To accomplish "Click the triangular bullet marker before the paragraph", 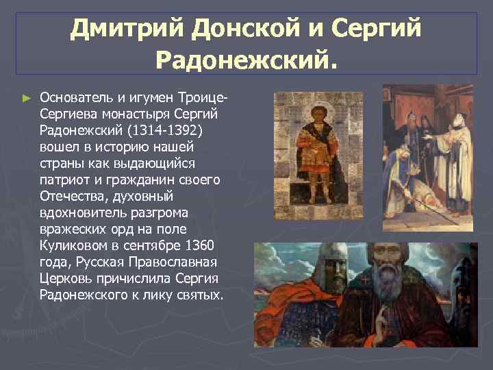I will click(27, 99).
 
